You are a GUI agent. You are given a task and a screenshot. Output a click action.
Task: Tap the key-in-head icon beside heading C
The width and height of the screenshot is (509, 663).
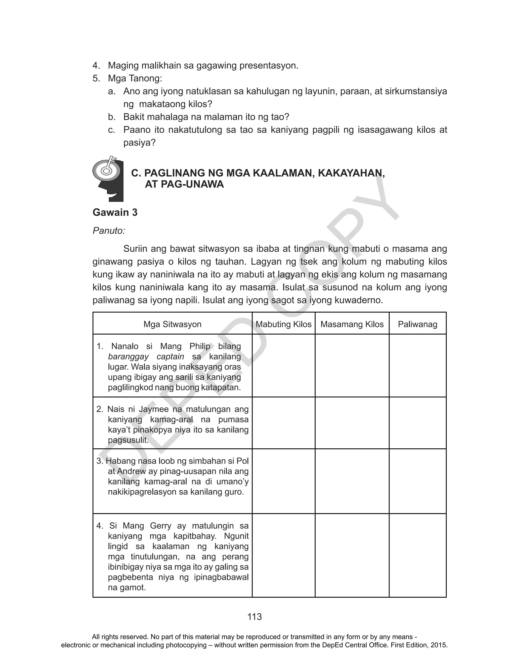(x=108, y=179)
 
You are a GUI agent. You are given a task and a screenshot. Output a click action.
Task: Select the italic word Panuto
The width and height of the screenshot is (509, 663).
(x=108, y=231)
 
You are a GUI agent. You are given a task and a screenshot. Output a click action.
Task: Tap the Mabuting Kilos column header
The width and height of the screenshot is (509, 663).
(x=283, y=324)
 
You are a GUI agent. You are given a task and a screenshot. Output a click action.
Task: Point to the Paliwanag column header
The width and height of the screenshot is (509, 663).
(x=417, y=324)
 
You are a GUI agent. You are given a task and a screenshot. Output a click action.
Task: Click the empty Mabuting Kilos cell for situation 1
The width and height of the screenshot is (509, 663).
(x=283, y=365)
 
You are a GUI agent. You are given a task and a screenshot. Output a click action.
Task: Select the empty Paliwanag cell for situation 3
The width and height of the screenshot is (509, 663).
(x=417, y=481)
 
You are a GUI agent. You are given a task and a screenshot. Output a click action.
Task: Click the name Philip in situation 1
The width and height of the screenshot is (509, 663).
(x=200, y=346)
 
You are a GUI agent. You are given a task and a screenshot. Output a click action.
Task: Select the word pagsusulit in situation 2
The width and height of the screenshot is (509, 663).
(x=128, y=440)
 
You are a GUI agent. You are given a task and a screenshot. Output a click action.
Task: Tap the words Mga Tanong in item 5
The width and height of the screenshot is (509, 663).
(x=134, y=78)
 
